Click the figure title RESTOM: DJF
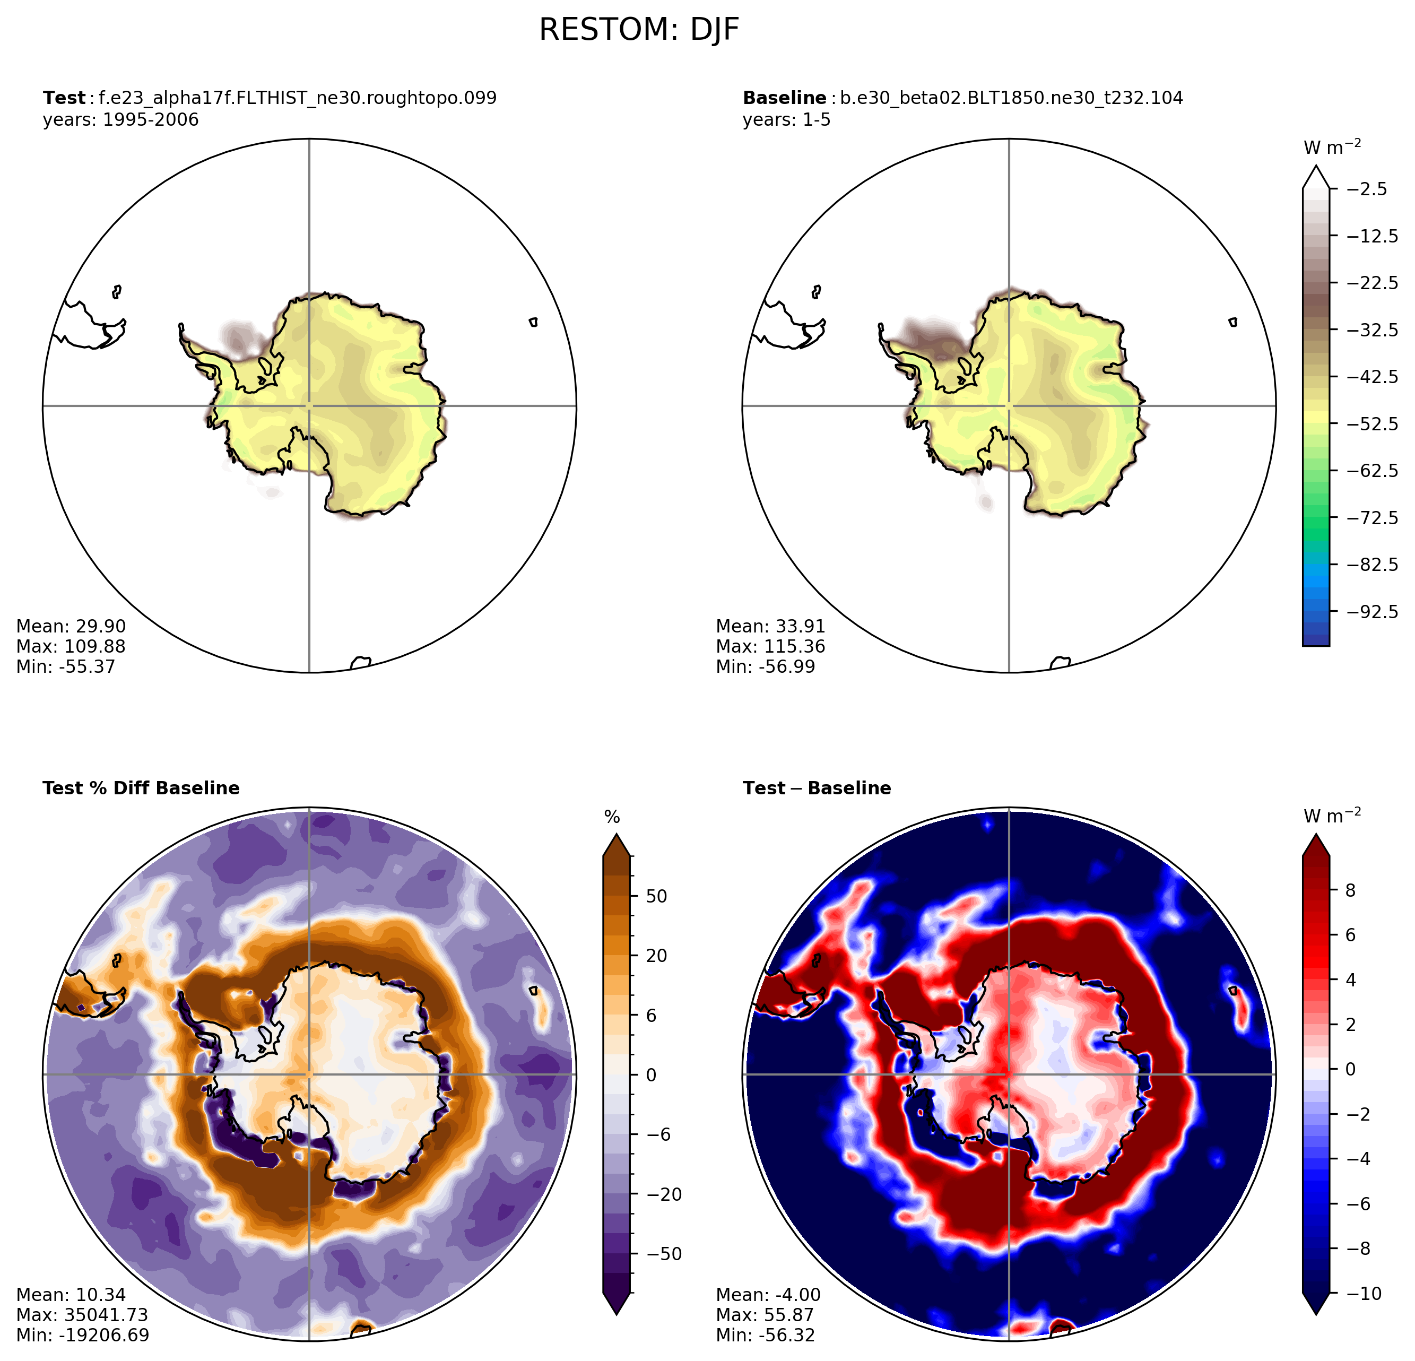click(639, 30)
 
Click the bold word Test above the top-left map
click(64, 98)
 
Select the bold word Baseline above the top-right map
click(785, 98)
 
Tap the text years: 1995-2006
click(120, 120)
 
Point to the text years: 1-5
click(787, 120)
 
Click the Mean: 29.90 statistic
click(71, 627)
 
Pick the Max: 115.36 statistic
click(770, 647)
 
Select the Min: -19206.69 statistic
click(82, 1335)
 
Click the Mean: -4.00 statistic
click(768, 1295)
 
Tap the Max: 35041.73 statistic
click(82, 1315)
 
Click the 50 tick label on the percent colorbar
click(657, 897)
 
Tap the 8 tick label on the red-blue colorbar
click(1351, 891)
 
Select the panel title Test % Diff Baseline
click(141, 788)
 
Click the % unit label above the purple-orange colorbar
click(612, 817)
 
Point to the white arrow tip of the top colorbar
click(1316, 167)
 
